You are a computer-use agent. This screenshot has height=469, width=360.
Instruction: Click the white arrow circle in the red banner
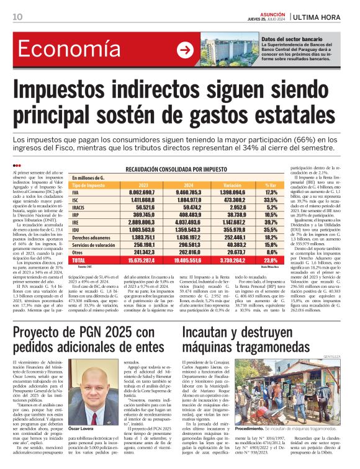185,50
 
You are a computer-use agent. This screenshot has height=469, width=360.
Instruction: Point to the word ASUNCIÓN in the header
254,12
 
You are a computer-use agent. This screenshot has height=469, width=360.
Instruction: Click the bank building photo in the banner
228,50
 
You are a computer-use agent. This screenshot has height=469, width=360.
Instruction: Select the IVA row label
76,210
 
